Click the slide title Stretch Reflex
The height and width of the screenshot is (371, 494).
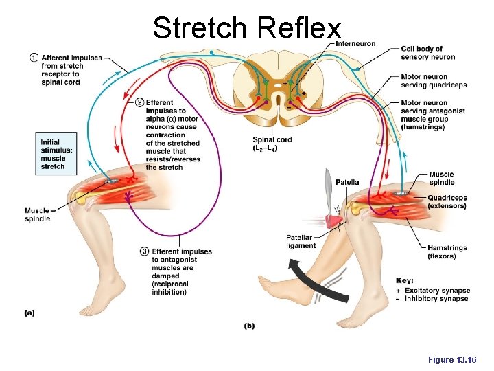[x=246, y=28]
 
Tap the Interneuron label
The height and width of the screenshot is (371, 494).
[x=355, y=44]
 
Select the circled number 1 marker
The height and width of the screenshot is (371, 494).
[x=34, y=57]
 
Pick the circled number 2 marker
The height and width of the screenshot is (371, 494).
[x=140, y=102]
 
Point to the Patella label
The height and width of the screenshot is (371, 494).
[x=347, y=182]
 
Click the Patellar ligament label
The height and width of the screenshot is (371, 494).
[x=301, y=241]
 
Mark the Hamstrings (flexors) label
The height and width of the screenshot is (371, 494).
[x=447, y=251]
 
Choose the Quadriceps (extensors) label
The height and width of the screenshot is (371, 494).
[x=447, y=202]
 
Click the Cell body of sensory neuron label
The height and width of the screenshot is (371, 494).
[x=428, y=53]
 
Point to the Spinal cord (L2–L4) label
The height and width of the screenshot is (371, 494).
[x=272, y=144]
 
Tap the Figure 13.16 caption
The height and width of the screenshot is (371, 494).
[x=451, y=360]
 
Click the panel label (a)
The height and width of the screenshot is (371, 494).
[x=30, y=313]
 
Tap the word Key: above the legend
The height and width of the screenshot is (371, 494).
[x=405, y=280]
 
